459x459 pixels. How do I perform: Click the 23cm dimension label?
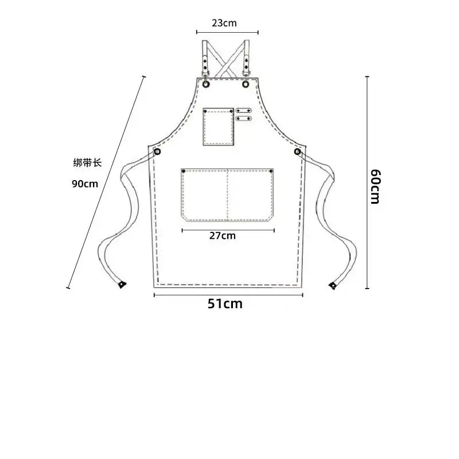click(x=224, y=23)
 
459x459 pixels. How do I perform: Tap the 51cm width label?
click(x=225, y=304)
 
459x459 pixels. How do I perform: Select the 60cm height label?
click(x=375, y=186)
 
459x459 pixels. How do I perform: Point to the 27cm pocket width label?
click(x=223, y=236)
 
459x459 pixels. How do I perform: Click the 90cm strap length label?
click(x=85, y=184)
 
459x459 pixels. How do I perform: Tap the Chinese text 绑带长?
click(x=87, y=163)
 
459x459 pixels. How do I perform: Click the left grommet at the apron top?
click(x=206, y=84)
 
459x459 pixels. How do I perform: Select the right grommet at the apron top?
click(x=246, y=84)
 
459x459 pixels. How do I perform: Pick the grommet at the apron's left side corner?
click(x=157, y=151)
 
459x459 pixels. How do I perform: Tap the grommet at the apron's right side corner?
click(x=297, y=151)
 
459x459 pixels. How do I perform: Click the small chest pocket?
click(x=219, y=127)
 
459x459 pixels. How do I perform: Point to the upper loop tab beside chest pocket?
click(x=244, y=110)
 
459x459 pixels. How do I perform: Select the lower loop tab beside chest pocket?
click(x=244, y=118)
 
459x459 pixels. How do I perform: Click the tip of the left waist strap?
click(x=122, y=285)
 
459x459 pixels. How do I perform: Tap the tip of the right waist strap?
click(x=333, y=285)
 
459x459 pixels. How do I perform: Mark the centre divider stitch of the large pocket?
click(x=227, y=195)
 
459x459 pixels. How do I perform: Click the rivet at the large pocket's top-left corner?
click(x=184, y=171)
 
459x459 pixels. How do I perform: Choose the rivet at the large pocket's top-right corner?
click(x=271, y=171)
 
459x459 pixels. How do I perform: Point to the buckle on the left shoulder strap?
click(x=205, y=73)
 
